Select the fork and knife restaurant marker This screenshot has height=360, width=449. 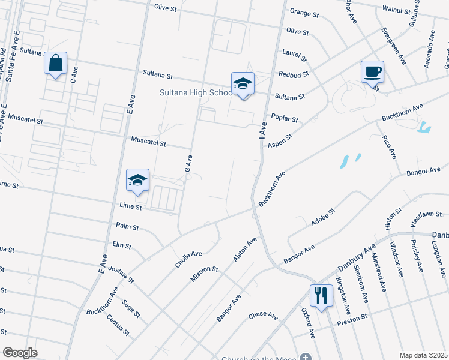pyautogui.click(x=321, y=295)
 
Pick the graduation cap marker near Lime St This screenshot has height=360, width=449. pyautogui.click(x=137, y=180)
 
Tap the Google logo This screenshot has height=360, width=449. pyautogui.click(x=20, y=353)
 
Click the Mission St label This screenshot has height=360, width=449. pyautogui.click(x=204, y=273)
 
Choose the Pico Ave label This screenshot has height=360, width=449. pyautogui.click(x=390, y=147)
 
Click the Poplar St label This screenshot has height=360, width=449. pyautogui.click(x=285, y=118)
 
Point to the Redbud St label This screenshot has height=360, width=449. pyautogui.click(x=293, y=74)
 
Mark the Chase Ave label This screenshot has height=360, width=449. pyautogui.click(x=264, y=315)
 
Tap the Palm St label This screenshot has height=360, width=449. pyautogui.click(x=127, y=227)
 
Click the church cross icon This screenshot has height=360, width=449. pyautogui.click(x=306, y=356)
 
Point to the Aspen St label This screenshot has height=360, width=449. pyautogui.click(x=279, y=141)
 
